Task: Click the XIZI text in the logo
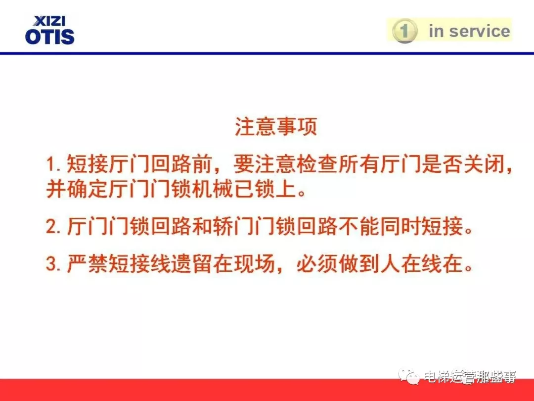click(x=49, y=21)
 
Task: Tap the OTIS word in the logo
click(x=49, y=36)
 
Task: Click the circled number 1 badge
click(x=404, y=31)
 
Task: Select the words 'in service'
click(x=469, y=31)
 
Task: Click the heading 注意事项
click(x=275, y=127)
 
